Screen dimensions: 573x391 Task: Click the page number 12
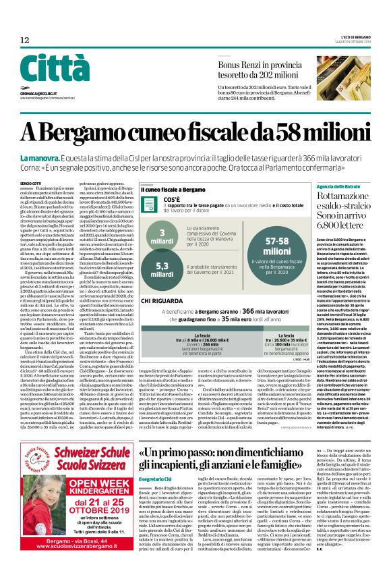[24, 40]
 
